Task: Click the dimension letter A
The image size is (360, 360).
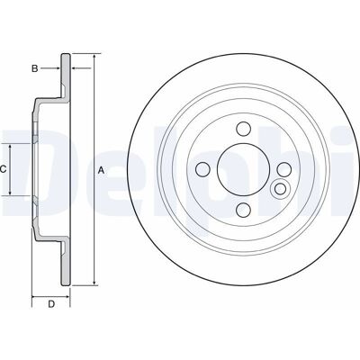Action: [102, 170]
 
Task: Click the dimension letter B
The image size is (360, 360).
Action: [35, 68]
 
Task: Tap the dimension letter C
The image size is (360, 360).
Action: [3, 170]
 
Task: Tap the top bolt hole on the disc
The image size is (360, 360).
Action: [243, 129]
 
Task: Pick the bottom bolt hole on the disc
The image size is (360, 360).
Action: [243, 210]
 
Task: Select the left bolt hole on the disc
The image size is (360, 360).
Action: [202, 169]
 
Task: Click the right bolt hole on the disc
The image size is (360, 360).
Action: [283, 169]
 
